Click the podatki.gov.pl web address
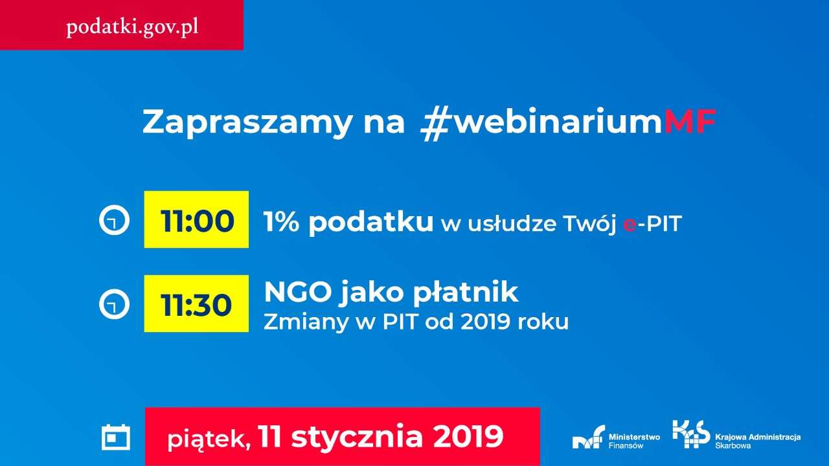[x=132, y=27]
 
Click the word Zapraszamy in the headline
[x=247, y=123]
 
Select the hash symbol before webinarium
[x=435, y=123]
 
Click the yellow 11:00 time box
[x=196, y=219]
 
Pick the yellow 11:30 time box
[x=196, y=304]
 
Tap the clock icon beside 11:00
[x=115, y=219]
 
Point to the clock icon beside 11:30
[x=115, y=304]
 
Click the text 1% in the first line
[x=281, y=223]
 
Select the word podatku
[x=371, y=223]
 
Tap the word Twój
[x=589, y=223]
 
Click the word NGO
[x=297, y=292]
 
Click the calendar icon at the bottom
[x=116, y=438]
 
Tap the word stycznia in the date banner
[x=357, y=436]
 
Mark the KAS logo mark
[x=691, y=434]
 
